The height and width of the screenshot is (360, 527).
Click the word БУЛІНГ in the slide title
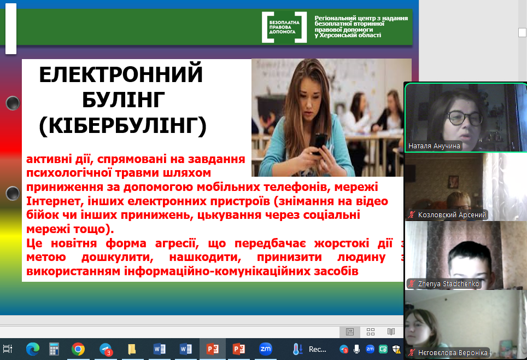[124, 100]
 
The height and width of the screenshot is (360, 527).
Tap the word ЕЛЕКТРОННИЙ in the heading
[121, 74]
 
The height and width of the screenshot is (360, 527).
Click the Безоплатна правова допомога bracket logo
[284, 27]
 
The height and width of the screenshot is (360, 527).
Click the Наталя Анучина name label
[434, 146]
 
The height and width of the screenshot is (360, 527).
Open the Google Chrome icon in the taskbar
[78, 349]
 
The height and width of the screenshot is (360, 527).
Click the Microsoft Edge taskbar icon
[33, 349]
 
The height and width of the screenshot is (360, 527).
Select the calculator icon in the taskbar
[54, 349]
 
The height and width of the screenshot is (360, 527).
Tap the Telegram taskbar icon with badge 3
[106, 350]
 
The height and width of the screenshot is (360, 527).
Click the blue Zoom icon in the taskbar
[266, 349]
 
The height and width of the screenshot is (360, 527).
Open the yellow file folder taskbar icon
[132, 349]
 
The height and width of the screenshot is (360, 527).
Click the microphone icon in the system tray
[356, 349]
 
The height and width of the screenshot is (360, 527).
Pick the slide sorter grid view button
[371, 332]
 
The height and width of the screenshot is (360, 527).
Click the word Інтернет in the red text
[55, 201]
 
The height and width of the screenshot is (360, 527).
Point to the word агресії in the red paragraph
[175, 243]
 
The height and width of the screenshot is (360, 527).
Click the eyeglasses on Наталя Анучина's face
[465, 118]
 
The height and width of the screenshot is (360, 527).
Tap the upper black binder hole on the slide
[13, 103]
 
